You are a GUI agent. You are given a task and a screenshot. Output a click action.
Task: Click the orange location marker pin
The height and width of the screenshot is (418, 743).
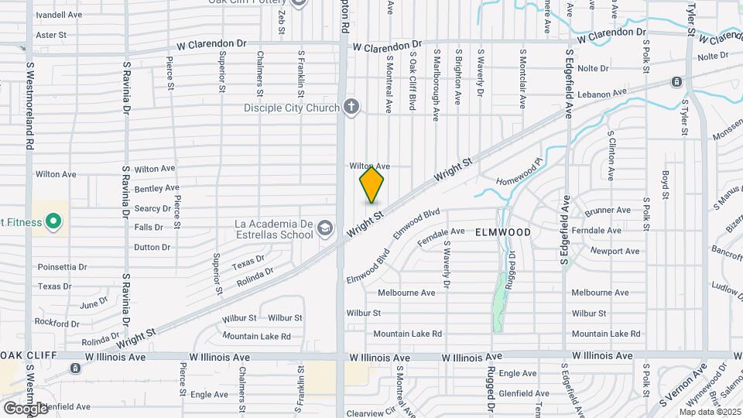(371, 185)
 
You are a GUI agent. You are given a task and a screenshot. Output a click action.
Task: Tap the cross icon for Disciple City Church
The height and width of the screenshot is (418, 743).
(351, 107)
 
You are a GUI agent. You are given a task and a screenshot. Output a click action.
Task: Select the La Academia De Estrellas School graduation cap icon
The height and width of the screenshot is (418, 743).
(326, 227)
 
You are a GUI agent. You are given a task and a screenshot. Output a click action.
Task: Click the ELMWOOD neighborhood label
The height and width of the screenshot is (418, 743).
(503, 232)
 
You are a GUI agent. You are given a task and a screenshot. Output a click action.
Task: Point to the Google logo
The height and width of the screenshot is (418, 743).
(26, 408)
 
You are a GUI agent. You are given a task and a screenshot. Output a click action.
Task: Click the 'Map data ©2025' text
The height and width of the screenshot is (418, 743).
(710, 412)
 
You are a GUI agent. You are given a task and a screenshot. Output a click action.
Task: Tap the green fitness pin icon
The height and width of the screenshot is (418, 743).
(53, 223)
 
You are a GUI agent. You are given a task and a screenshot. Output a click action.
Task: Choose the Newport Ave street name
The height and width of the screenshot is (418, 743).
(615, 251)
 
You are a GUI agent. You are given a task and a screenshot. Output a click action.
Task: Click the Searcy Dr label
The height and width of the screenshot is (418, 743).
(152, 208)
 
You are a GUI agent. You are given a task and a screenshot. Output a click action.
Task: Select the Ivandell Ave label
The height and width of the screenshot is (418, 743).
(59, 15)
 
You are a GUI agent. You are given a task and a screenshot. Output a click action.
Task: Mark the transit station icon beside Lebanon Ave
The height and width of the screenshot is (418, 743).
(676, 82)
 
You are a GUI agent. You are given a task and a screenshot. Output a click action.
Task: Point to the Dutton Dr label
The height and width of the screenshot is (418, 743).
(152, 247)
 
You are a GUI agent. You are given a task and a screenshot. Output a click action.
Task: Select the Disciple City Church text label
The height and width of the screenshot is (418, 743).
(292, 108)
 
